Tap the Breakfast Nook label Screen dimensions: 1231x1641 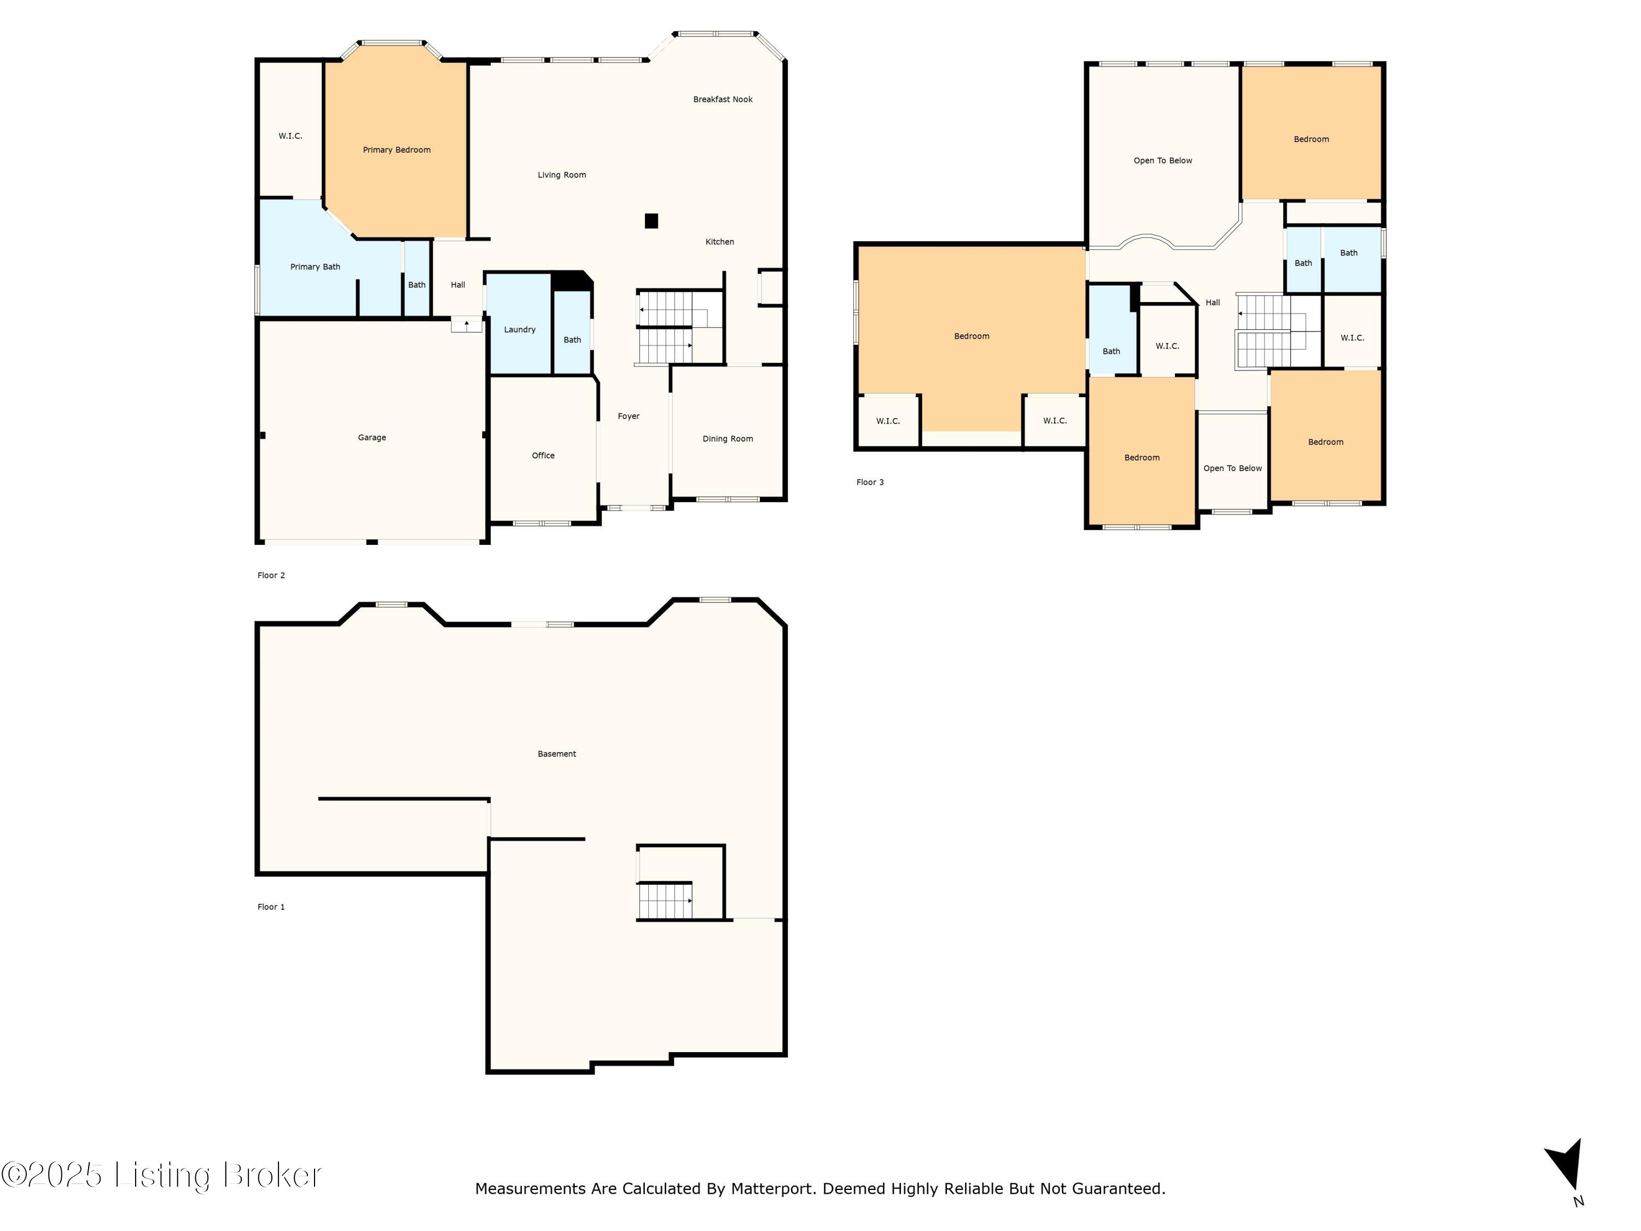click(722, 100)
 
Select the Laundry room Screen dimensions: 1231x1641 click(519, 329)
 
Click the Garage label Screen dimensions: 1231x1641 click(371, 438)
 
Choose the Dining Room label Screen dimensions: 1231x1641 click(727, 439)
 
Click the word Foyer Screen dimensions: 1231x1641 click(629, 416)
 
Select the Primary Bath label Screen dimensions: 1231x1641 click(315, 267)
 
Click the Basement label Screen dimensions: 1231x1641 click(556, 754)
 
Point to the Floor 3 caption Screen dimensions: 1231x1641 click(870, 483)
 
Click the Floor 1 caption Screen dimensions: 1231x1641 click(271, 907)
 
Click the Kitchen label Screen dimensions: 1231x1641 click(719, 242)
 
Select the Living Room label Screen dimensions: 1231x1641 click(562, 175)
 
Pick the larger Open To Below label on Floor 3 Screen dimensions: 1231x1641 click(1162, 160)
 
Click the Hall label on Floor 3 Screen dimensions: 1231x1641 click(1212, 303)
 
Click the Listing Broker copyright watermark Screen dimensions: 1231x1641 click(162, 1175)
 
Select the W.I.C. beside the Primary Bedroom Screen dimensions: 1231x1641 click(290, 136)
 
